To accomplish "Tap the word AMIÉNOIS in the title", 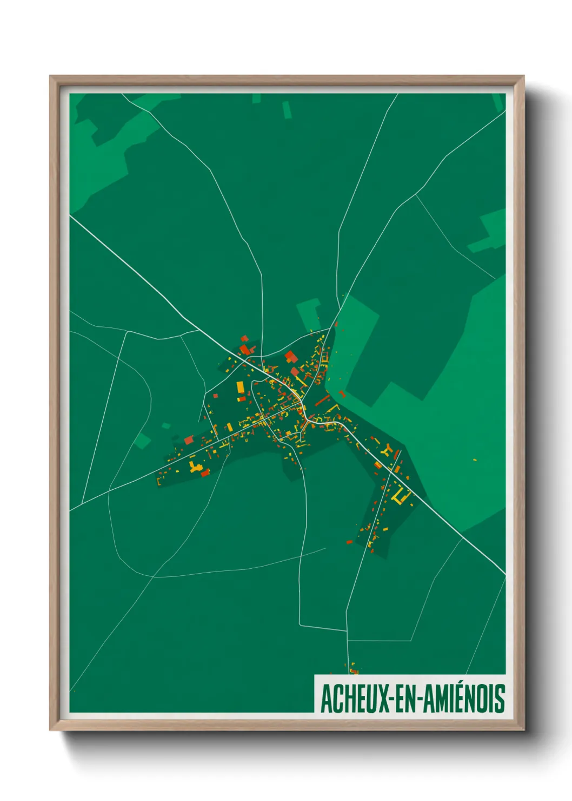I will point(463,699).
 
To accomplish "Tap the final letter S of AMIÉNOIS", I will point(500,699).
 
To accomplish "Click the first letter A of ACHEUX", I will point(326,699).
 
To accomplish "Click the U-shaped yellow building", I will point(401,497).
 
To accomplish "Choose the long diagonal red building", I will point(322,400).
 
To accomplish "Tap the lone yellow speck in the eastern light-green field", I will point(475,459).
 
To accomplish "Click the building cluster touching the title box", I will point(352,670).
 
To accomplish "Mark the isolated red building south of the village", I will point(349,541).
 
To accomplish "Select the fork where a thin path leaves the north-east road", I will point(416,195).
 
